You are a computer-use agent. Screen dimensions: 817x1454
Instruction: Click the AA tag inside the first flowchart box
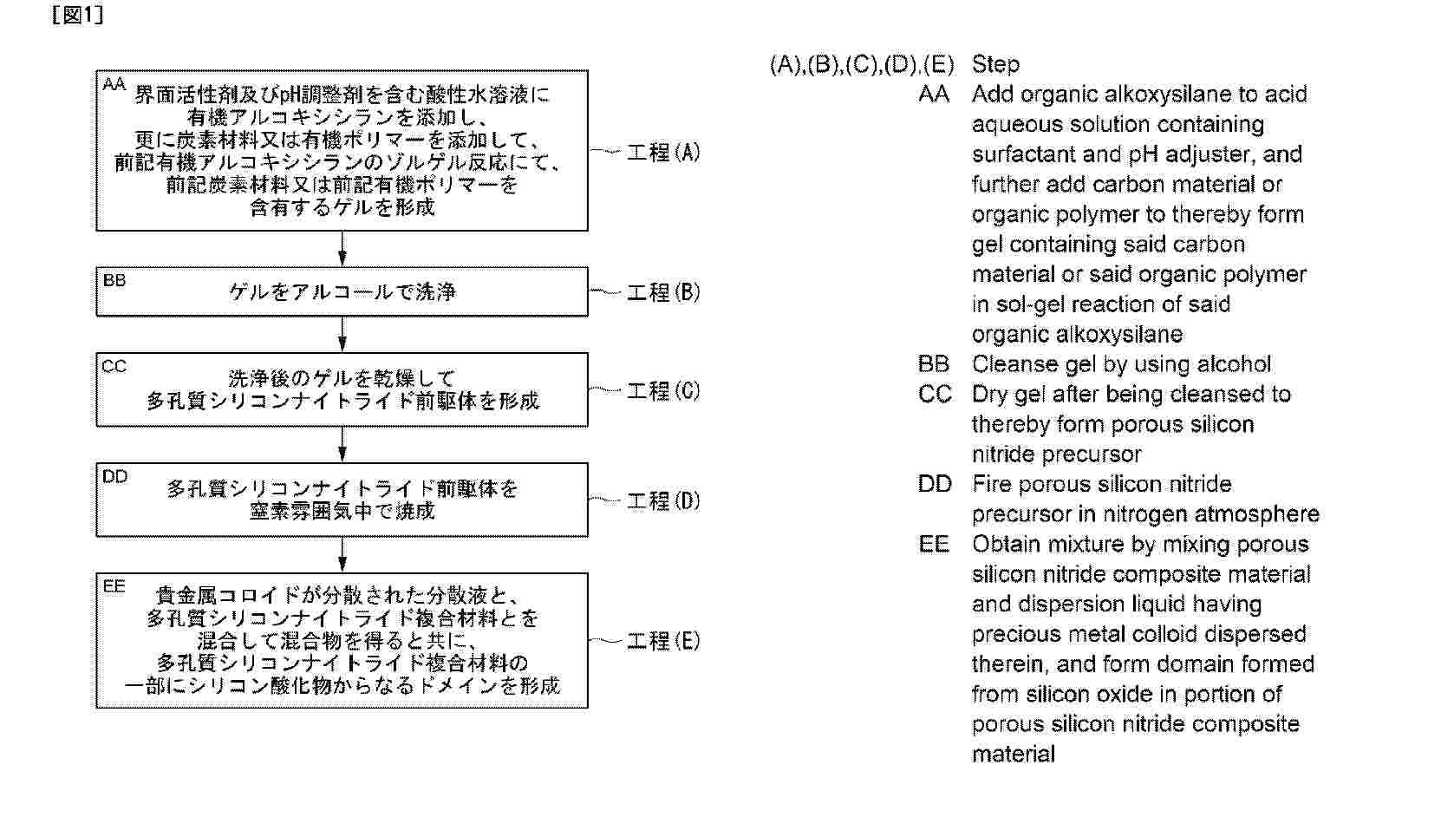114,84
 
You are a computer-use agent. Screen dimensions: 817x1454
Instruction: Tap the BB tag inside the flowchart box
114,280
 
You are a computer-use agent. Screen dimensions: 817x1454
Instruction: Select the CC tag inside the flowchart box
114,366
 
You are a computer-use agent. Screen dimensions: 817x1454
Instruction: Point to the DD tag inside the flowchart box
114,476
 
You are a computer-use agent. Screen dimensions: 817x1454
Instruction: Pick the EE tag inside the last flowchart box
114,586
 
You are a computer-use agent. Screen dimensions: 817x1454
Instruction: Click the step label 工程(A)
662,153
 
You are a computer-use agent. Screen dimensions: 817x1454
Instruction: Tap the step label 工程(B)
662,292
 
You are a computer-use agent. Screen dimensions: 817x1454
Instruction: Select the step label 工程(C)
662,390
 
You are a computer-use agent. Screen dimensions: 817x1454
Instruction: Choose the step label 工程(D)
662,500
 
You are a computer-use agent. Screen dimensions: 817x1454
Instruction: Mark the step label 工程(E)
662,641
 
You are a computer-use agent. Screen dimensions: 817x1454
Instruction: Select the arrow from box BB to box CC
342,334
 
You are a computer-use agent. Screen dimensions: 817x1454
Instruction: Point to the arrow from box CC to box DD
342,444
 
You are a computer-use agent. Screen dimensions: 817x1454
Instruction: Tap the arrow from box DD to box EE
342,554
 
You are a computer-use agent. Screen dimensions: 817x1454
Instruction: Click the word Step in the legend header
995,64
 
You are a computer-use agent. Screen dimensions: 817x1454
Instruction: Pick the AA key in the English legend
934,94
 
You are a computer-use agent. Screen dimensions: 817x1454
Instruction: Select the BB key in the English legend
934,364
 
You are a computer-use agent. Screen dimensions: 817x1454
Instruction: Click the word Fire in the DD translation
992,484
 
